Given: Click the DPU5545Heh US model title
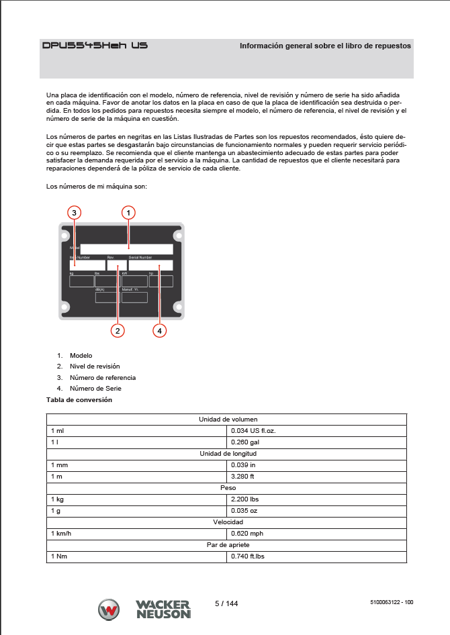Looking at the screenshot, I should click(95, 46).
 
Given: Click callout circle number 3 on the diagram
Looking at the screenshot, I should click(75, 212).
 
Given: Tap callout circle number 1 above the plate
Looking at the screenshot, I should click(128, 212).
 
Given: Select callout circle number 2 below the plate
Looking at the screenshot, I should click(118, 330).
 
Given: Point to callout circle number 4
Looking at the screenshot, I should click(159, 330).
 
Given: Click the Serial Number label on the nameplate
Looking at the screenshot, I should click(140, 257).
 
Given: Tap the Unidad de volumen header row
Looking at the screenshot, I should click(228, 419).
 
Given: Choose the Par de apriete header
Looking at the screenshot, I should click(228, 544).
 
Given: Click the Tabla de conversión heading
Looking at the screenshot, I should click(79, 400).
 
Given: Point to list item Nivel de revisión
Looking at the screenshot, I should click(95, 367).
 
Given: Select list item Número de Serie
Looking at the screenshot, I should click(95, 388).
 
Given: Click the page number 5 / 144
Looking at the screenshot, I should click(226, 603).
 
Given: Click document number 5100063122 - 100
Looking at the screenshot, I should click(391, 603).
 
